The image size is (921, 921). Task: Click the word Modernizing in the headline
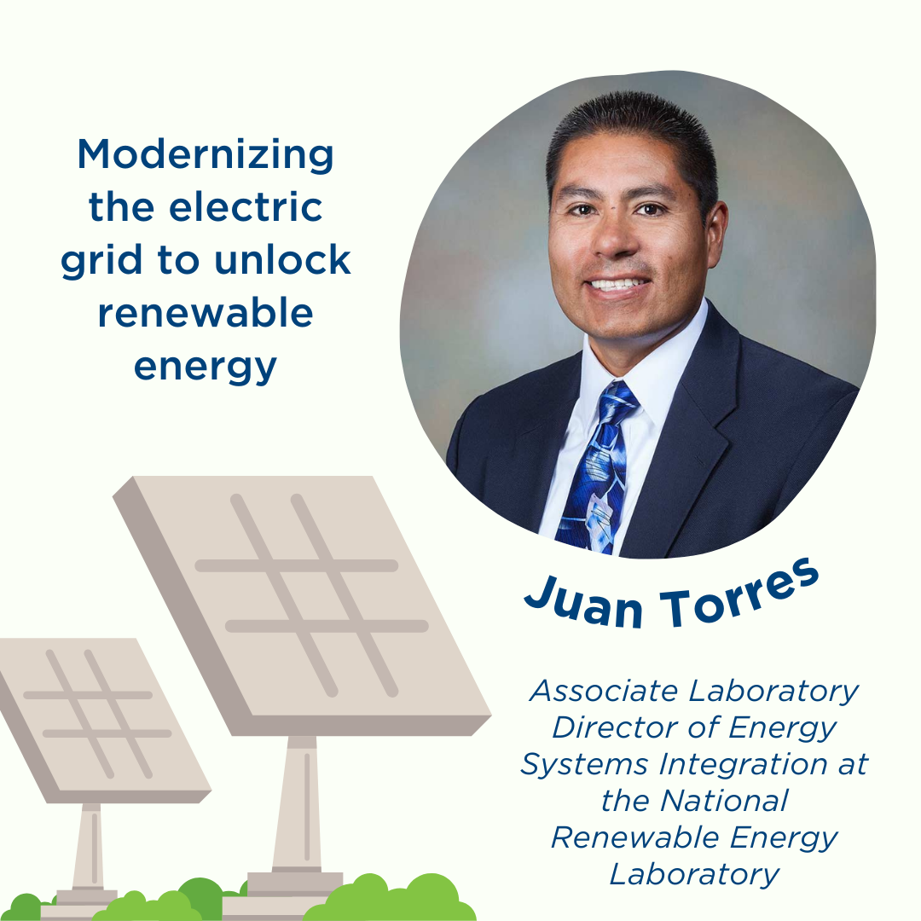pyautogui.click(x=206, y=155)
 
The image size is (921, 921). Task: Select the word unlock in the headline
pyautogui.click(x=282, y=259)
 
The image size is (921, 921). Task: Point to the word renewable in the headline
pyautogui.click(x=206, y=312)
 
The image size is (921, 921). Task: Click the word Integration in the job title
pyautogui.click(x=743, y=764)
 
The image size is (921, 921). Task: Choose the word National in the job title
pyautogui.click(x=724, y=801)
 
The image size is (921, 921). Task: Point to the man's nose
pyautogui.click(x=612, y=238)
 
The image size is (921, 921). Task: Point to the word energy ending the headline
pyautogui.click(x=205, y=367)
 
